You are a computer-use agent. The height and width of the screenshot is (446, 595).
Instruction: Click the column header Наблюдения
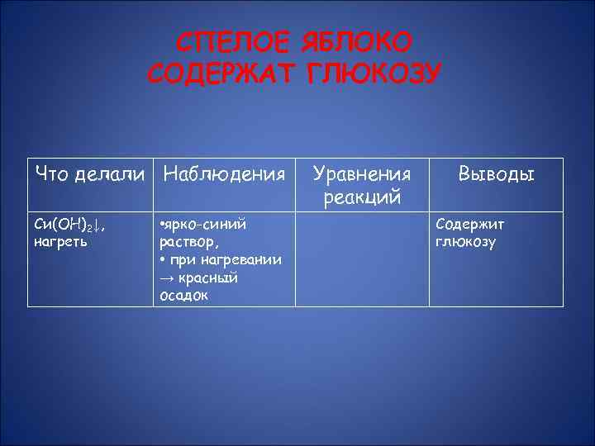click(x=225, y=174)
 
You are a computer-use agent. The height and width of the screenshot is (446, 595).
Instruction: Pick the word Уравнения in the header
click(x=362, y=174)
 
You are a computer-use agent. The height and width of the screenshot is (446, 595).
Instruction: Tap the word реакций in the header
click(x=362, y=197)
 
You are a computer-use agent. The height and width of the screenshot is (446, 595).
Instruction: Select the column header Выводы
click(x=496, y=174)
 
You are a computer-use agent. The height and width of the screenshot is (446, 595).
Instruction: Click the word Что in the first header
click(x=51, y=174)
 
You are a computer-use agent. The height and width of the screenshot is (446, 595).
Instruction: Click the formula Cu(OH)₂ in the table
click(x=65, y=225)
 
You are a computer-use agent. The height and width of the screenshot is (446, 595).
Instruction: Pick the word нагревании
click(x=240, y=260)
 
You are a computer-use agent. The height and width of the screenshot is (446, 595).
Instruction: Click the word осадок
click(x=184, y=296)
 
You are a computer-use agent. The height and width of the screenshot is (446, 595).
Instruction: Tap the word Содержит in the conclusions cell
click(x=469, y=225)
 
